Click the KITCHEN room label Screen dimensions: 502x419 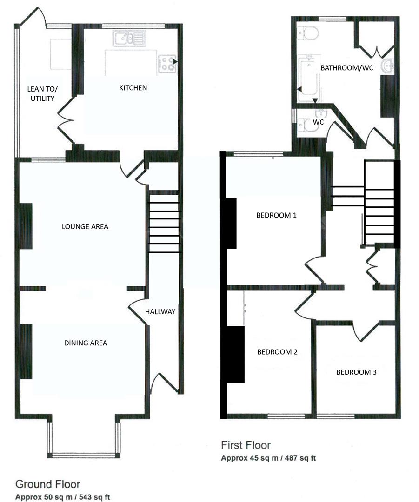tap(133, 88)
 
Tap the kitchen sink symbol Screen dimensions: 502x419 tap(130, 38)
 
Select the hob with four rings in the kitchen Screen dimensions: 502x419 tap(168, 64)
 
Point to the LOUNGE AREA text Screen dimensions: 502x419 tap(85, 227)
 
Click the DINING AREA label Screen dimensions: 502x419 tap(86, 343)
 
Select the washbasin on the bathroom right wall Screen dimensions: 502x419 tap(387, 66)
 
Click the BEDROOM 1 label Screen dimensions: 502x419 tap(276, 216)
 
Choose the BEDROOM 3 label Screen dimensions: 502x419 tap(356, 372)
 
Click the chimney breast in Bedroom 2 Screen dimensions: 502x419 tap(235, 354)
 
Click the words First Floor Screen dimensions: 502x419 tap(246, 445)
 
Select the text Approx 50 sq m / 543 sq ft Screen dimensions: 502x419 tap(63, 497)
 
